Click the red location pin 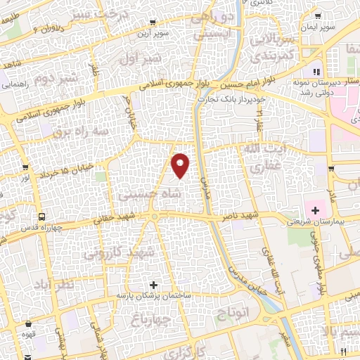coord(181,165)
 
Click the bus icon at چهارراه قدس coord(42,217)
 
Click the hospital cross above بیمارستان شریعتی coord(314,210)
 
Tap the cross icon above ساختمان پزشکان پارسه coord(154,285)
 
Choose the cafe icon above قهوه coord(28,324)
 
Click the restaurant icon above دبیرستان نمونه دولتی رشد coord(317,71)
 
